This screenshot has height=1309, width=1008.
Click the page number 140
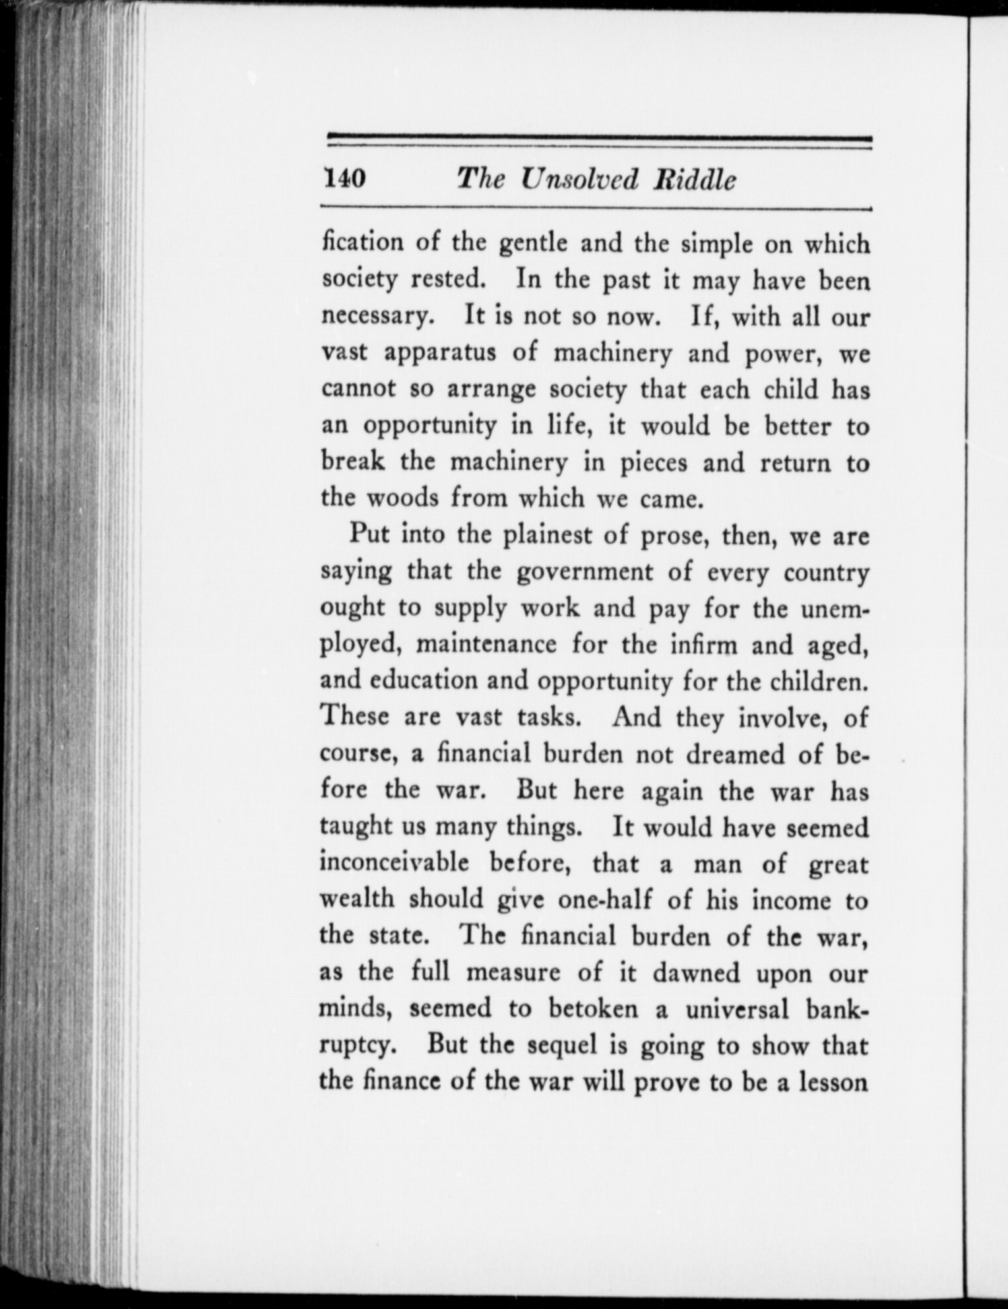(x=344, y=178)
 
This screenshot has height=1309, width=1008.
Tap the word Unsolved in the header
(x=579, y=179)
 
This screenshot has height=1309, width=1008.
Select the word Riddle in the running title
(x=693, y=179)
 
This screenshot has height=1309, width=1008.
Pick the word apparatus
(x=439, y=353)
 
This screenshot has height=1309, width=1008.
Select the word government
(x=584, y=571)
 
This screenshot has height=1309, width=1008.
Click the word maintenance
(x=486, y=643)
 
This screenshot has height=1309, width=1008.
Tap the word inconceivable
(x=394, y=862)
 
